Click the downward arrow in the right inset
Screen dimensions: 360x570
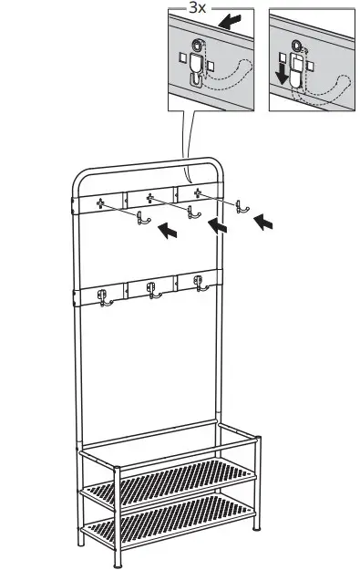[x=283, y=72]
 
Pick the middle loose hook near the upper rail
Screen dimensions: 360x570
[x=191, y=212]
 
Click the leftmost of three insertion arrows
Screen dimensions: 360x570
[x=168, y=232]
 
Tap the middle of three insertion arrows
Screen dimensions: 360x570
[x=217, y=225]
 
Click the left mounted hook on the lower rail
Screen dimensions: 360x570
[x=101, y=296]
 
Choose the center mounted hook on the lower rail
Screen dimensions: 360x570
[x=150, y=291]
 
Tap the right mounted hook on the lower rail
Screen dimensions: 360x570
[x=198, y=285]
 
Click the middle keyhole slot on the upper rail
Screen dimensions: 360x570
[x=149, y=195]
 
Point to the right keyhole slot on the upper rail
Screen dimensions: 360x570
[x=196, y=191]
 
